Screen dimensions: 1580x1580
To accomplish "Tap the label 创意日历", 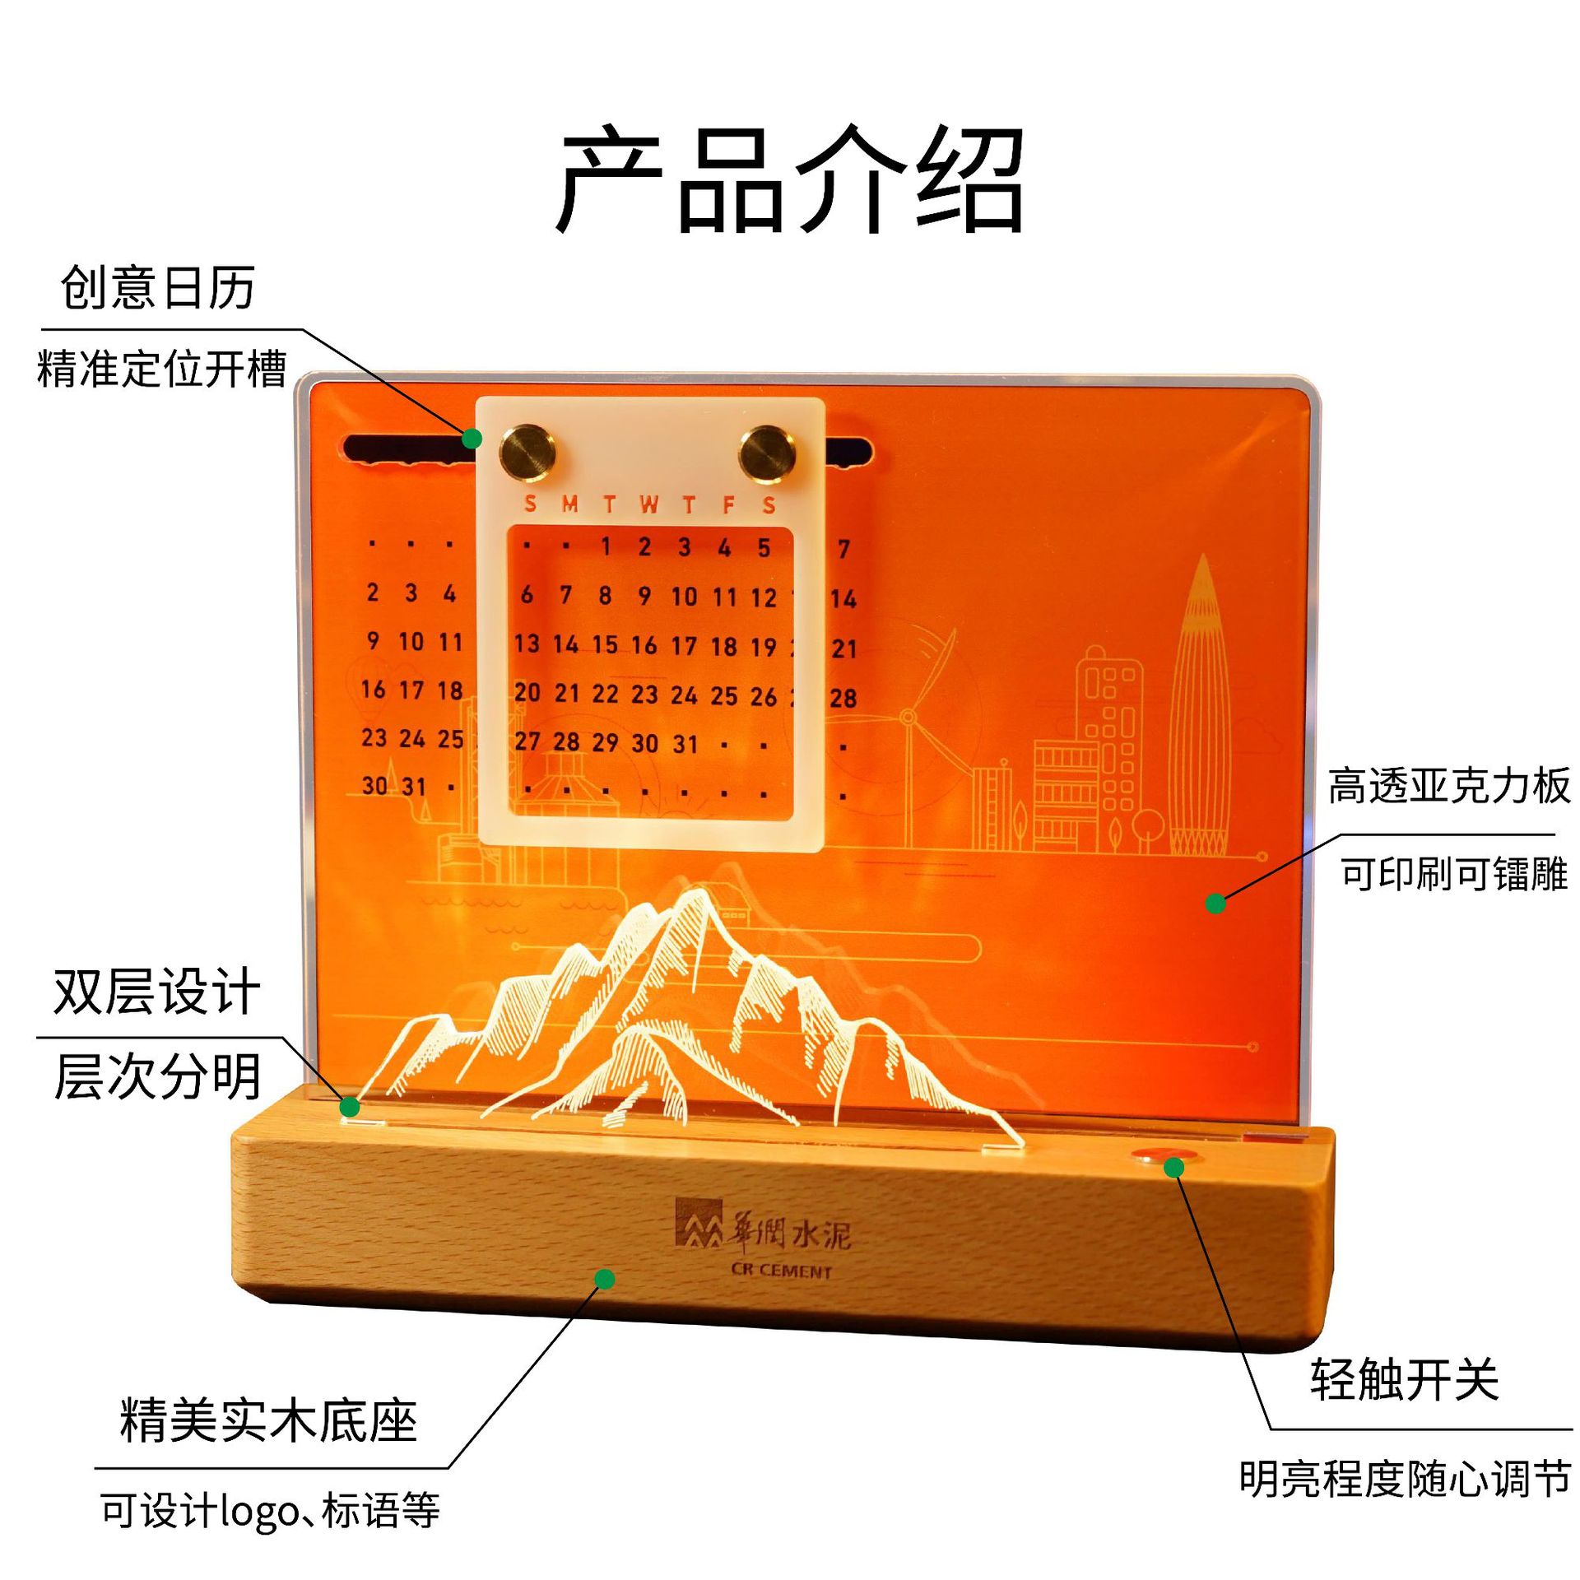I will click(157, 287).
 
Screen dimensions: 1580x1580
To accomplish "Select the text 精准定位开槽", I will click(162, 368).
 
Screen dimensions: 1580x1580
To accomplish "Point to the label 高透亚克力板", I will click(1449, 786).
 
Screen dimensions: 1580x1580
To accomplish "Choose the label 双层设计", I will click(157, 991).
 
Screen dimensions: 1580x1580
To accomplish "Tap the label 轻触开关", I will click(1404, 1379).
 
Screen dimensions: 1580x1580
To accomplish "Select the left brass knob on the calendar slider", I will click(527, 452).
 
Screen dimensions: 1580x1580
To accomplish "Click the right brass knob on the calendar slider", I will click(767, 452).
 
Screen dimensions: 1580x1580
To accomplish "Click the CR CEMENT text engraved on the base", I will click(781, 1271).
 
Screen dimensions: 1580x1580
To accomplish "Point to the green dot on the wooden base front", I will click(605, 1279).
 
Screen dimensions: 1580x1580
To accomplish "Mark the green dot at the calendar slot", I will click(472, 439).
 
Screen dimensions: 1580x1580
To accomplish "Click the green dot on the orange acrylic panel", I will click(1215, 904).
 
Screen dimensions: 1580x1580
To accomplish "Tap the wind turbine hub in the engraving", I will click(908, 718).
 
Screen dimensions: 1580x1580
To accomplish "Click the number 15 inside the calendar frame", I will click(605, 644).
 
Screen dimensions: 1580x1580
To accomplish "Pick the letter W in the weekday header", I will click(648, 504).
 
